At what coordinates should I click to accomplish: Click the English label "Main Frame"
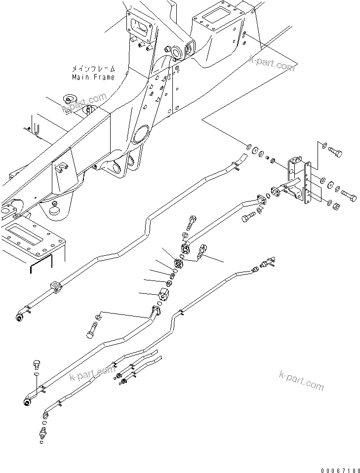point(93,77)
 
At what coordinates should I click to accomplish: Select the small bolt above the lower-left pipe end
point(37,365)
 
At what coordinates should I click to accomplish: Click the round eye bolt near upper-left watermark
point(68,101)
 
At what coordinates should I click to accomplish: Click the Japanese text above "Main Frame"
point(93,69)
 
